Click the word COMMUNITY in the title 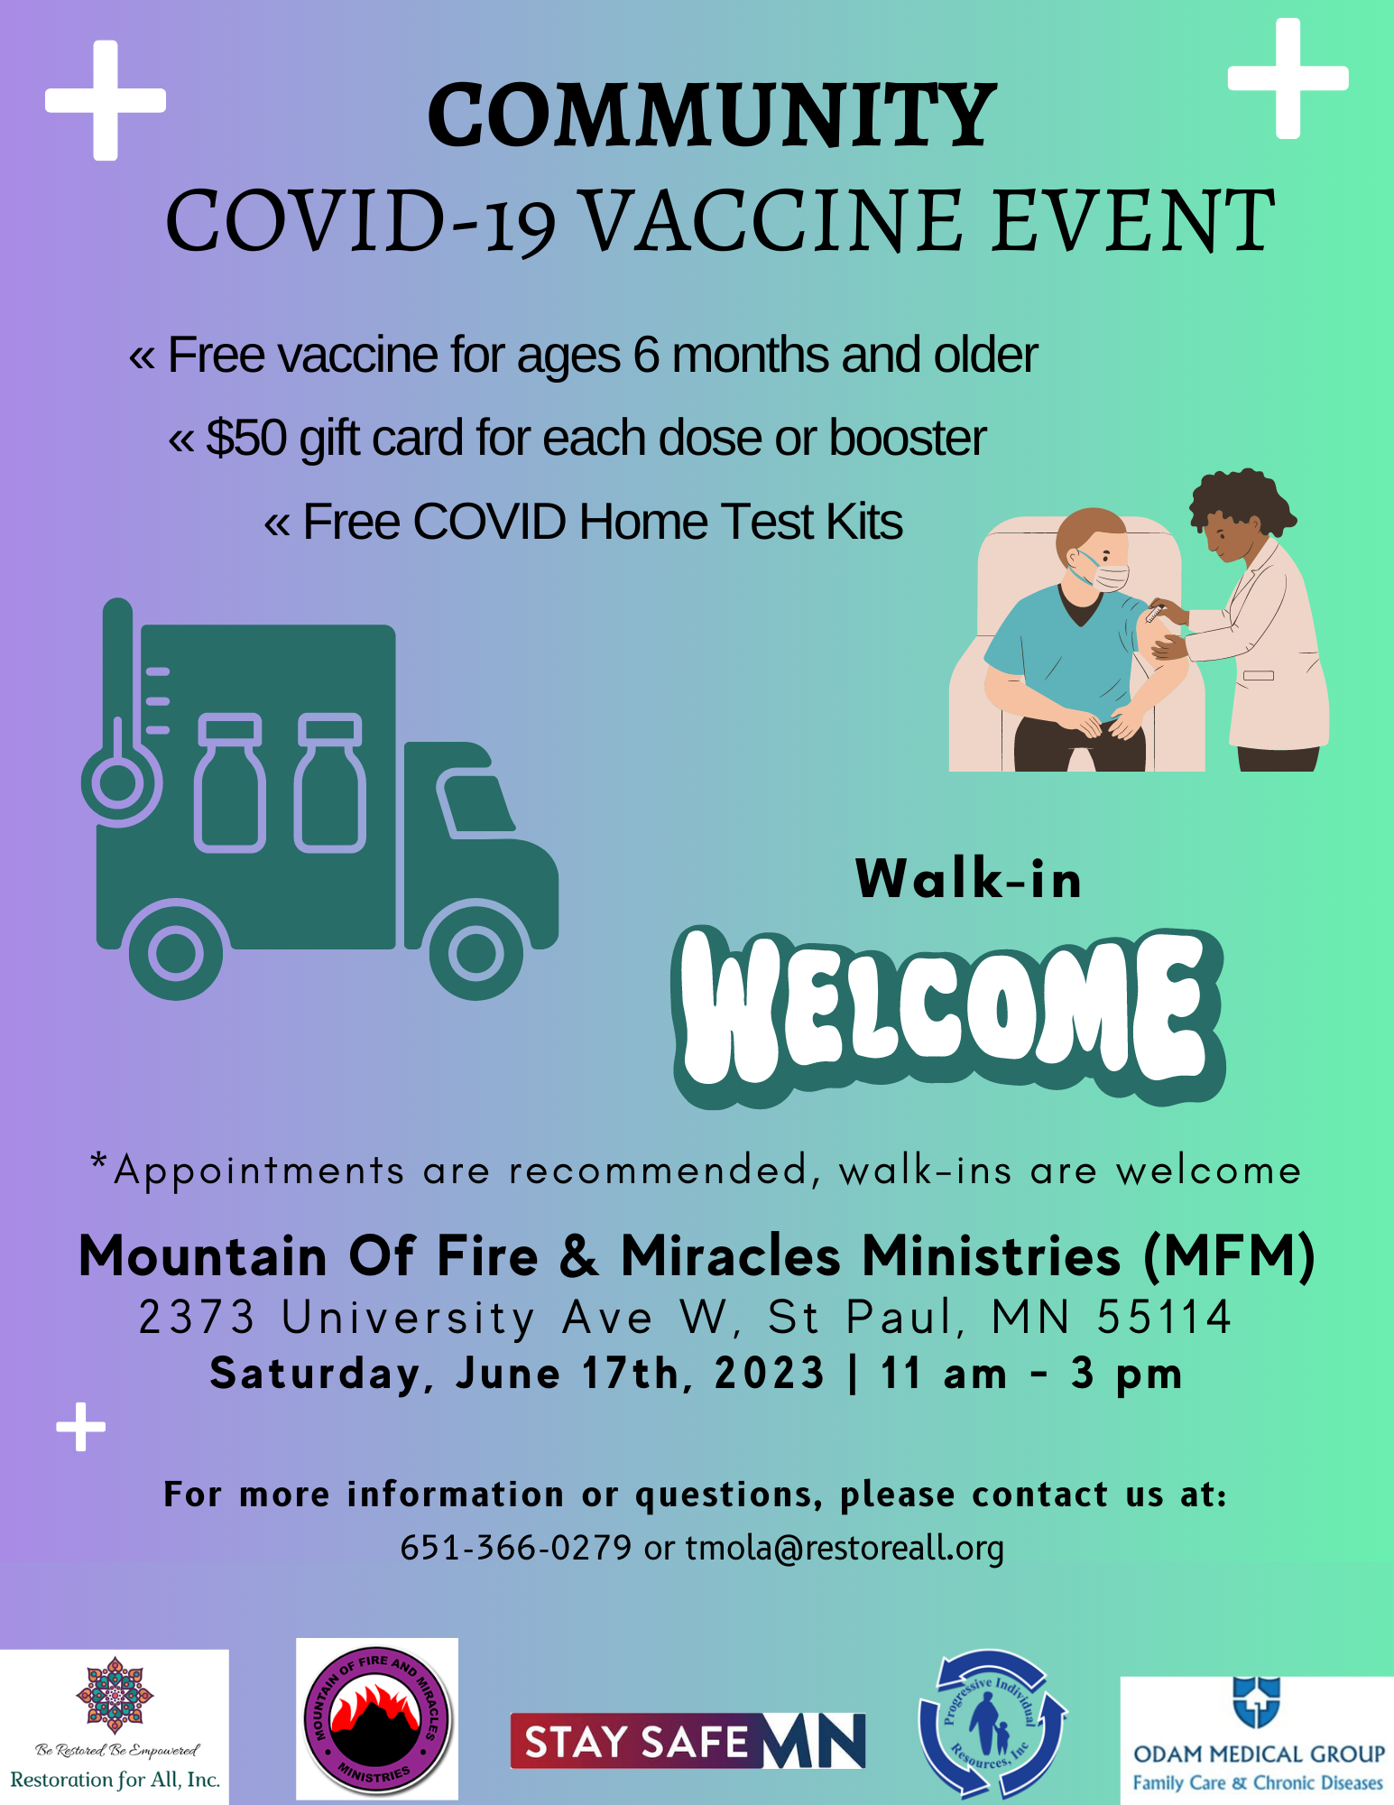[x=712, y=116]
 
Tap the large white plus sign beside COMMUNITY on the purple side [x=106, y=100]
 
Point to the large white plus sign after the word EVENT [x=1288, y=79]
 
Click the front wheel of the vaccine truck [x=475, y=951]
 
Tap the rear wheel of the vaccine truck [x=176, y=951]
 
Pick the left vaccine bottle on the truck [x=230, y=783]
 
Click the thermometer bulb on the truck [x=118, y=781]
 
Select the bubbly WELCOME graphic [x=948, y=1016]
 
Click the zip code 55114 [x=1164, y=1317]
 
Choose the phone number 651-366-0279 [x=516, y=1548]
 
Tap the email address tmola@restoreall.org [x=845, y=1549]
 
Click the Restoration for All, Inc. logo [x=115, y=1726]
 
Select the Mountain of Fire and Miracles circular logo [x=377, y=1719]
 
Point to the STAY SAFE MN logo [x=688, y=1741]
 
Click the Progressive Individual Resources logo [x=992, y=1722]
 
